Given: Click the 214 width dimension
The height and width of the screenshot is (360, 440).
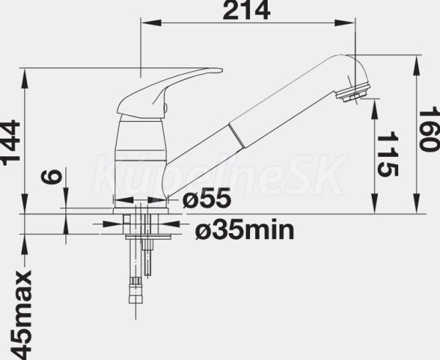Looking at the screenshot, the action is (246, 11).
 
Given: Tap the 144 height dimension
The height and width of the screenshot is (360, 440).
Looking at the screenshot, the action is (10, 142).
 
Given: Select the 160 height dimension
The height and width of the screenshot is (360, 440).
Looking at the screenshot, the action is (429, 128).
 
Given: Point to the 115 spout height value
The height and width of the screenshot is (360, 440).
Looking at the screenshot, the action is (388, 154).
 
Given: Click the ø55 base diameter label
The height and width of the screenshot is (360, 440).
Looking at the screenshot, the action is (207, 199).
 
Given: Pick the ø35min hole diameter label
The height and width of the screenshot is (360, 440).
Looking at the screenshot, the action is (245, 229).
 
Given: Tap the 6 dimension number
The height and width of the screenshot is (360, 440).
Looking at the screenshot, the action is (51, 176).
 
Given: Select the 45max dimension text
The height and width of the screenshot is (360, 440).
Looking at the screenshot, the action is (21, 315).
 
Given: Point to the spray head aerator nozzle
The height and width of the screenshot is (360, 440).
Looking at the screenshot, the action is (353, 94).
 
